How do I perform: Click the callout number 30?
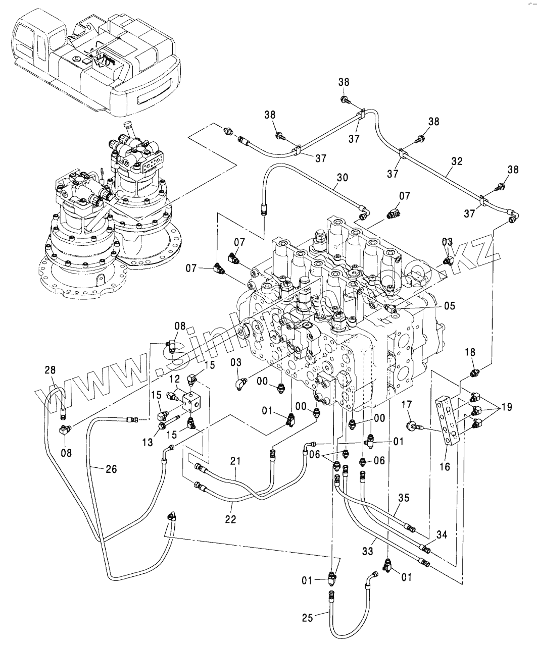343,178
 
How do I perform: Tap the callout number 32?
457,161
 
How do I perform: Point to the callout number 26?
111,469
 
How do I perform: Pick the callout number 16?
445,467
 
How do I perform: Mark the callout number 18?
470,352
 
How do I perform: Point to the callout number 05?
449,306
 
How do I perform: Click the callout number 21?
235,461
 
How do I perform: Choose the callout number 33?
368,552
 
